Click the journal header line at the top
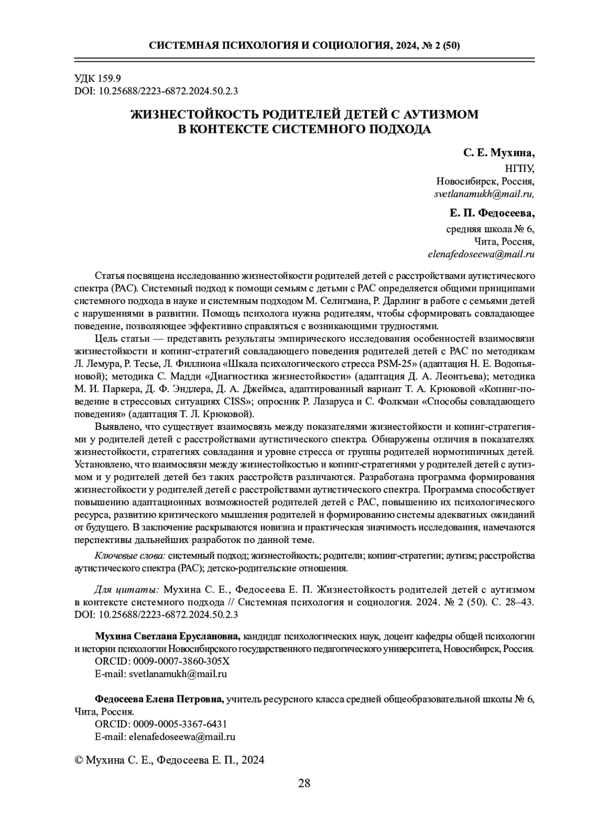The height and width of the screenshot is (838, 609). (x=304, y=46)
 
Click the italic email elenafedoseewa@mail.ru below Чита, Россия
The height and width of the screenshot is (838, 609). (x=481, y=254)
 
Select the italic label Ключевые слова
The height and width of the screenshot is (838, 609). (x=130, y=555)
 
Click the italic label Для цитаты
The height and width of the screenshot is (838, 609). (x=127, y=589)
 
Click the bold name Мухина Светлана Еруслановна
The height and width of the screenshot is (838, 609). (x=168, y=636)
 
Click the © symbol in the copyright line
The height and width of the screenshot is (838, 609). (x=79, y=760)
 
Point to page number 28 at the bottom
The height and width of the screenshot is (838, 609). (x=304, y=797)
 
